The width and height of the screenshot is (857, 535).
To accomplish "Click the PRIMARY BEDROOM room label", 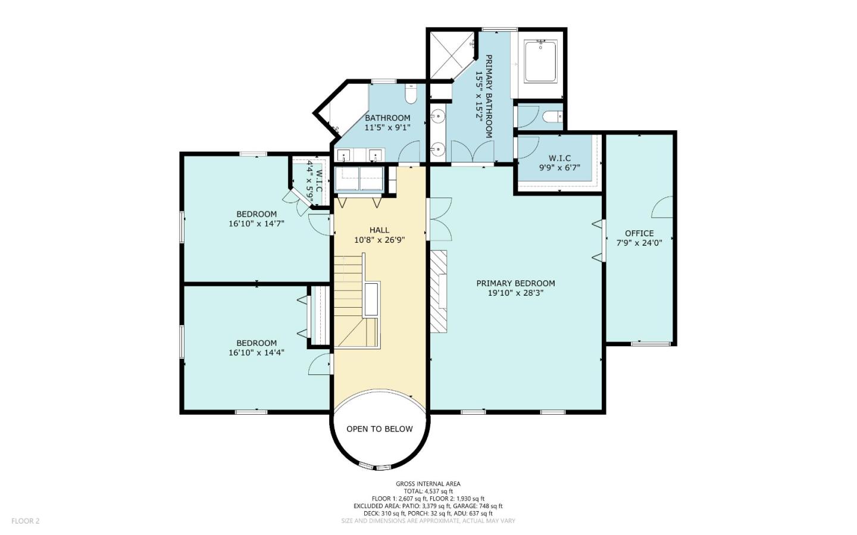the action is [515, 284].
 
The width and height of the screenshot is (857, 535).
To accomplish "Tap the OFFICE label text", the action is [639, 233].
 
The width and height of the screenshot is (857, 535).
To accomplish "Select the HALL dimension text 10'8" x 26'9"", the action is [380, 240].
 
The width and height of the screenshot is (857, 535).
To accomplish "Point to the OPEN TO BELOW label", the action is [380, 429].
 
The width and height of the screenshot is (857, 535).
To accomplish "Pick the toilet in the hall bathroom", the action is [411, 94].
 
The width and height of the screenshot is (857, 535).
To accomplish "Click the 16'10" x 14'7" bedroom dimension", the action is [257, 224].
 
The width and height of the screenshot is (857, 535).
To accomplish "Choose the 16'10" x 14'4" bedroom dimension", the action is [257, 352].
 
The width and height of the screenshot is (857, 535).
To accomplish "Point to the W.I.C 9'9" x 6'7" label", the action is [559, 162].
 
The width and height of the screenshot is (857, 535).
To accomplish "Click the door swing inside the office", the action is [662, 207].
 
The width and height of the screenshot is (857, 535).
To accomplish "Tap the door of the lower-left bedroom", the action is [320, 364].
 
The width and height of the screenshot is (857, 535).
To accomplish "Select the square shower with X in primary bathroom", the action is [452, 55].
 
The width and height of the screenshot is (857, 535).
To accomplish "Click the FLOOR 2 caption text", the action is [25, 521].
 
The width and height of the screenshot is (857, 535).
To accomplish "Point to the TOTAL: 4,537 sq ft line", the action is [428, 491].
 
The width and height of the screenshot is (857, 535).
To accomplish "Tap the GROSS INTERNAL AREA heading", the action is [428, 484].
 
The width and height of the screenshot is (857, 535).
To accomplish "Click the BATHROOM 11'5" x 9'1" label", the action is [387, 123].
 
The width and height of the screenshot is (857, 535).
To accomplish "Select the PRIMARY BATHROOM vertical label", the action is [484, 96].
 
